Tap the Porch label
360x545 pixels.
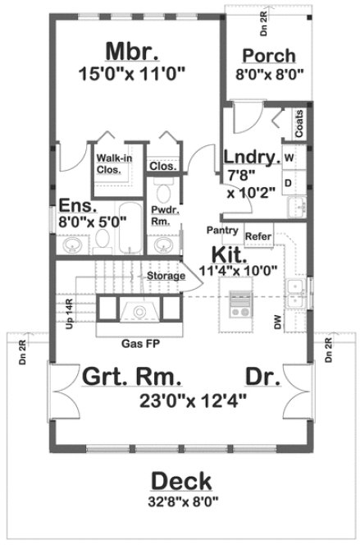(x=270, y=56)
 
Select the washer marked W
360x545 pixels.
(x=289, y=155)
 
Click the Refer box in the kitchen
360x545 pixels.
(x=257, y=235)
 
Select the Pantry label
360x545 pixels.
(x=222, y=230)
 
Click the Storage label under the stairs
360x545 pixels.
(x=166, y=277)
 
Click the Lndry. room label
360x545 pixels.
(x=251, y=155)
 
